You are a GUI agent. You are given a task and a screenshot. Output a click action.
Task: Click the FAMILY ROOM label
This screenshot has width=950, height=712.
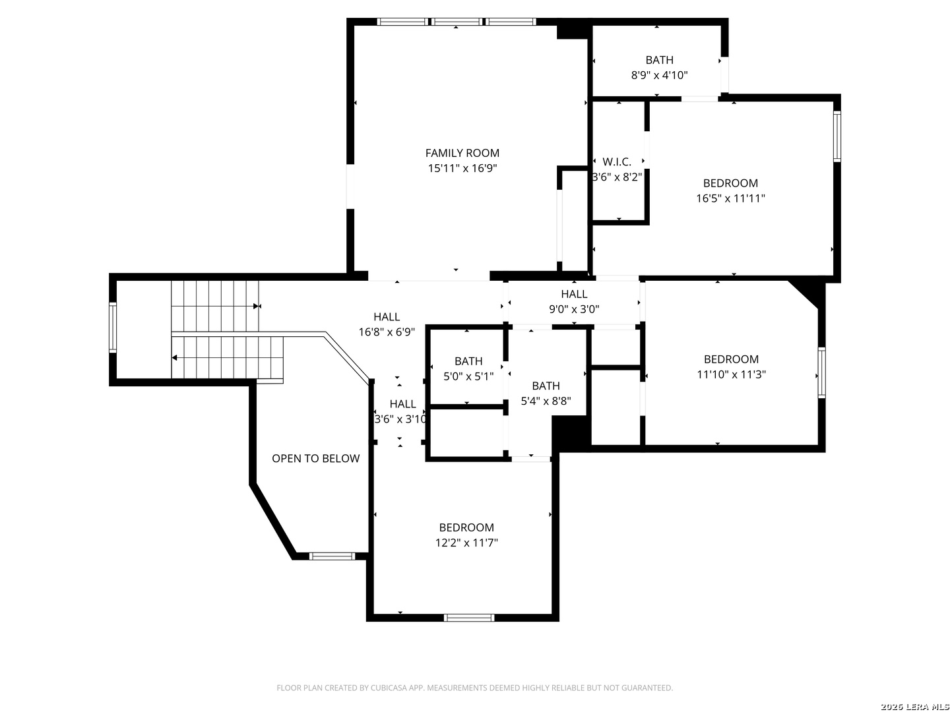462,152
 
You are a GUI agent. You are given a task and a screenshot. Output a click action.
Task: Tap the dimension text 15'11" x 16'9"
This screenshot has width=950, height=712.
462,168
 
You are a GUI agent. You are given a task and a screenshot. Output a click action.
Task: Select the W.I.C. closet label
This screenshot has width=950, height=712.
617,162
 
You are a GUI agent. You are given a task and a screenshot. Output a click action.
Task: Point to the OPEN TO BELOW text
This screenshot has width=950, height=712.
315,458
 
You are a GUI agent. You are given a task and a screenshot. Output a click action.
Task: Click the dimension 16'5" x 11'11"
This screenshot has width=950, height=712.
730,198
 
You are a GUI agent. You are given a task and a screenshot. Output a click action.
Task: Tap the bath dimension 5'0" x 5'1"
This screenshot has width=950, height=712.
468,376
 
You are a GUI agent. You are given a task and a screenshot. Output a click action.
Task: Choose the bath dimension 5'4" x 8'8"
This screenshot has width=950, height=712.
546,401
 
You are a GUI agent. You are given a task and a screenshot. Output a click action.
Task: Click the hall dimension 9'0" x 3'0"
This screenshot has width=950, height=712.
574,309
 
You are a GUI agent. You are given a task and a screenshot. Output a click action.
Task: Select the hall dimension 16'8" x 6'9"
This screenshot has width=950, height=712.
387,332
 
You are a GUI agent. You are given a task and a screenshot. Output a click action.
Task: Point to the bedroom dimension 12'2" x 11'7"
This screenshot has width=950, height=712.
466,543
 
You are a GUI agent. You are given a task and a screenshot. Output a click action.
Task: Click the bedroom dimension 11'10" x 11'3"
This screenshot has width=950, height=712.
731,374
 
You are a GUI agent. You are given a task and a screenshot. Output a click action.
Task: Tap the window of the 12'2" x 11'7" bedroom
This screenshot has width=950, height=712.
468,618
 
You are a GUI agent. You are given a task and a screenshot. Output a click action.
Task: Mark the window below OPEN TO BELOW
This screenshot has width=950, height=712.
332,556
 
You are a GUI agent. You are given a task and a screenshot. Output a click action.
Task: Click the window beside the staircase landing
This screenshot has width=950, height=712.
113,327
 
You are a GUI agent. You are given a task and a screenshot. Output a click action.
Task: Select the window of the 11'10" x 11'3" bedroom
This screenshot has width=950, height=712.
821,372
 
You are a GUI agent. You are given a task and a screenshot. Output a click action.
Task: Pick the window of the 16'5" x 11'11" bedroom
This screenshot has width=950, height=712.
837,136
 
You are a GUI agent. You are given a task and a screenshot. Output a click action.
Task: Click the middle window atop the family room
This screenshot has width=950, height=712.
456,22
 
